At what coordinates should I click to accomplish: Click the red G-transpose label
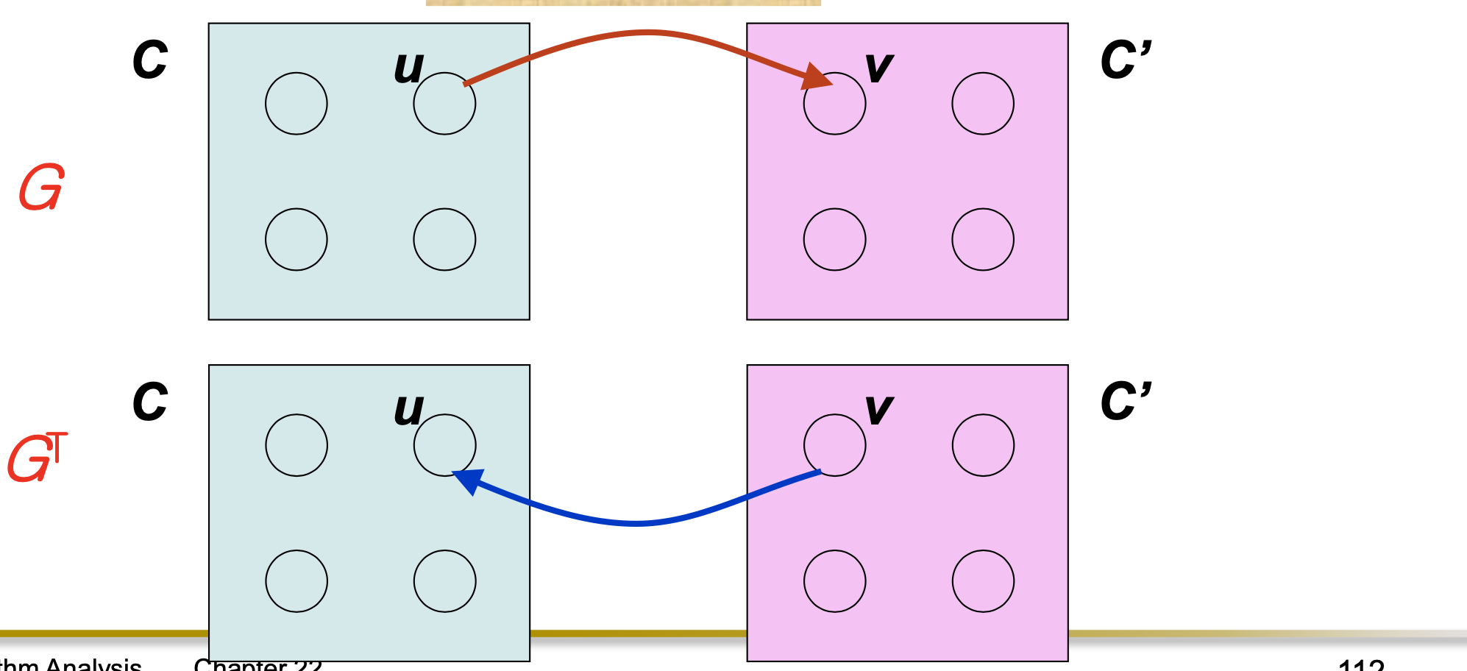tap(37, 458)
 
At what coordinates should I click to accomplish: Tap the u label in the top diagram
tap(408, 68)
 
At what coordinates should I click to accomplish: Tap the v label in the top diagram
tap(879, 68)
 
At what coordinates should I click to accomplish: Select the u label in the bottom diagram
tap(408, 410)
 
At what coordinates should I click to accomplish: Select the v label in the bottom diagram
tap(879, 410)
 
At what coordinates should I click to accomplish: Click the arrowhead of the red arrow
tap(817, 77)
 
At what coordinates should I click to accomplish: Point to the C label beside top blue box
tap(150, 60)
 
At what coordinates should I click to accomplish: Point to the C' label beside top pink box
tap(1125, 60)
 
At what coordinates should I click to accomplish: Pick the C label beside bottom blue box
tap(150, 402)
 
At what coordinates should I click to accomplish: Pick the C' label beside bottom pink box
tap(1125, 402)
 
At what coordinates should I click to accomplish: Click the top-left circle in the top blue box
tap(296, 103)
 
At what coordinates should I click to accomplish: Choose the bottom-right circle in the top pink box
tap(983, 239)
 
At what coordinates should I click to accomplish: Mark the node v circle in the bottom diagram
tap(835, 445)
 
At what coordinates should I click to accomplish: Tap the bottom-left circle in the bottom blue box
tap(296, 581)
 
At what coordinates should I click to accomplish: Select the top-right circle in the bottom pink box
tap(983, 445)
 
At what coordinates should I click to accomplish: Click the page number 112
tap(1361, 665)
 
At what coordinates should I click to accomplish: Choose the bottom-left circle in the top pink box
tap(835, 239)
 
